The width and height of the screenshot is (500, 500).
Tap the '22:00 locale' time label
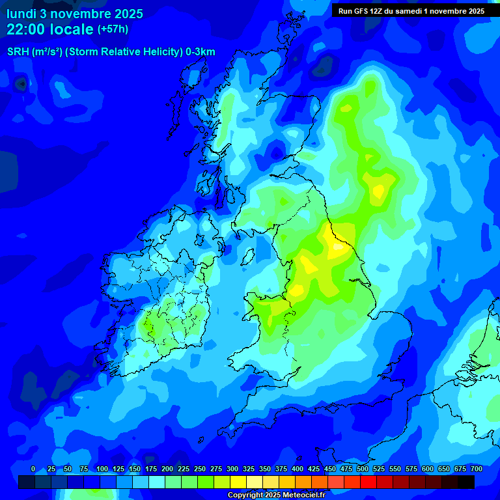50,29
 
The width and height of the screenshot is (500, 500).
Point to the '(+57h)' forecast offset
113,29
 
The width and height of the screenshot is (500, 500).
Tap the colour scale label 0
33,469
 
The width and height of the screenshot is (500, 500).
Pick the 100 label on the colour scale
102,469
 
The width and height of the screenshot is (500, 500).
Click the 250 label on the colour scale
200,469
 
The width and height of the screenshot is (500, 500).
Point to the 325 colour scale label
249,469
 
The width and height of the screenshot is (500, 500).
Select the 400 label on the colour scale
298,469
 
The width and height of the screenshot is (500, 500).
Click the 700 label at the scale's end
476,469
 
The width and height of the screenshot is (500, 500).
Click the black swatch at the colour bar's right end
466,482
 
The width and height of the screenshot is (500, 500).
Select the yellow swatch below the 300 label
238,482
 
